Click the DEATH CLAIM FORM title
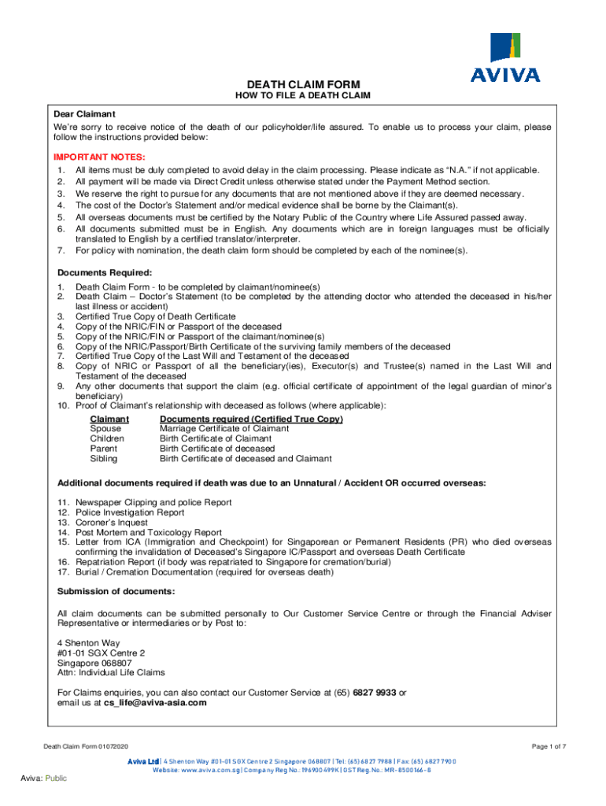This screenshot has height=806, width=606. click(303, 84)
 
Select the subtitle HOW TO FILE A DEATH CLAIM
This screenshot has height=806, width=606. click(303, 96)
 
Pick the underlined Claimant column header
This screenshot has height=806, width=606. click(109, 420)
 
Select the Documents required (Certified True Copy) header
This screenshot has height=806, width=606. click(251, 420)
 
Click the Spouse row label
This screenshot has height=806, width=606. click(106, 429)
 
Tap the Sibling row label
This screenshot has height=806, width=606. click(105, 458)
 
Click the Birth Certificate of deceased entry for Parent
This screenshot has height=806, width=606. click(212, 449)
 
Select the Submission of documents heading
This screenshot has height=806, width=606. click(116, 592)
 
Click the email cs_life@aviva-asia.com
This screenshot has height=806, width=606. click(155, 703)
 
